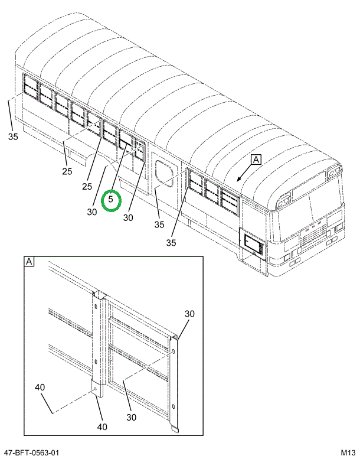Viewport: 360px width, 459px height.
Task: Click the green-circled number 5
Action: point(110,200)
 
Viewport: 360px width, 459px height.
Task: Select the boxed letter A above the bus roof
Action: point(256,159)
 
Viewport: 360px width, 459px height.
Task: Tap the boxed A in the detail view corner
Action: point(29,261)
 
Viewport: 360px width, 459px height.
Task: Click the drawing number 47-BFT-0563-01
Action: point(31,453)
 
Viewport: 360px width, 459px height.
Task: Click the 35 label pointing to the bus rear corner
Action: point(13,137)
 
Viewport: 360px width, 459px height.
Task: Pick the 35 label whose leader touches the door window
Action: point(158,224)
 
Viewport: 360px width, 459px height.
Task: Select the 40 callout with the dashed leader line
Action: point(40,388)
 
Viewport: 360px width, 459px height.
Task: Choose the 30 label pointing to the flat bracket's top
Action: point(189,313)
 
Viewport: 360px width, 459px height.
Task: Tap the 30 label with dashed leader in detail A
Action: point(131,417)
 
